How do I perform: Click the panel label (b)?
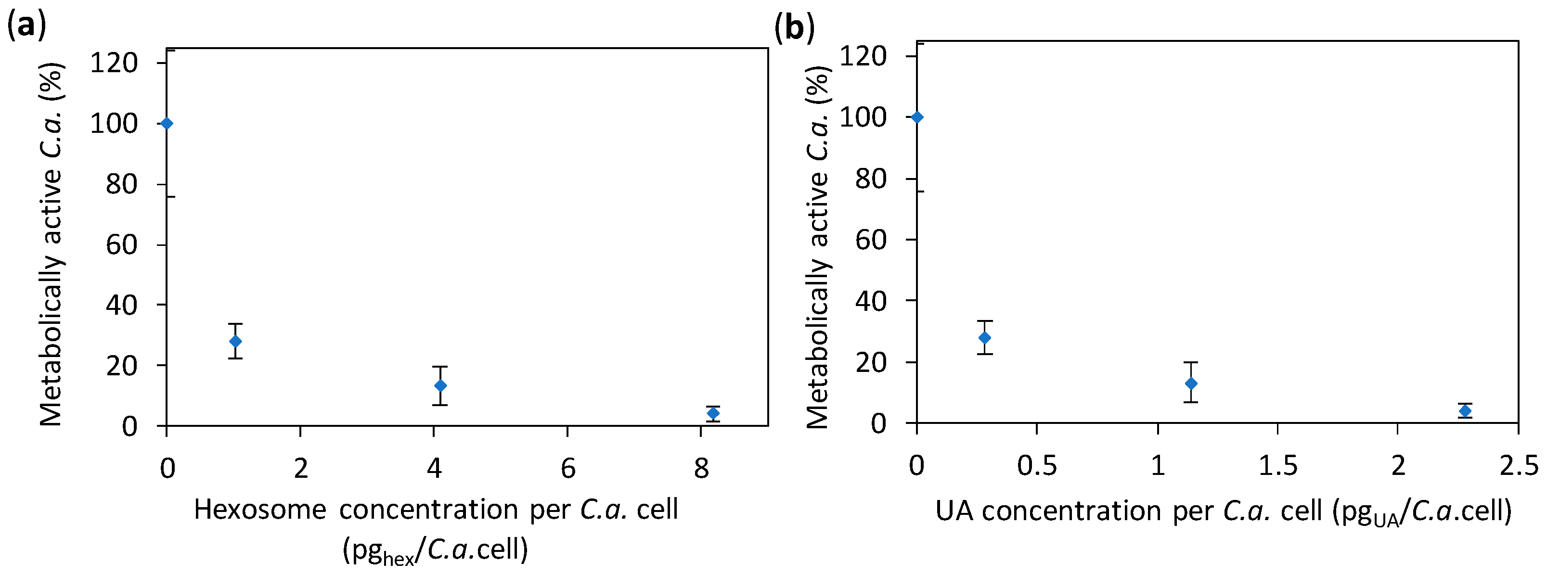point(794,27)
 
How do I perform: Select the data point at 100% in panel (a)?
point(167,124)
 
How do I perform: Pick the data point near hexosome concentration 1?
point(235,342)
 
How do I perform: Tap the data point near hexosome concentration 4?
point(440,385)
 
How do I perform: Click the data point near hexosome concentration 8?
point(713,413)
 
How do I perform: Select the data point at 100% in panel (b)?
point(917,117)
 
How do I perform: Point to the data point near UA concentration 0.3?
point(984,338)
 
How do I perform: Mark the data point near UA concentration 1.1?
point(1191,383)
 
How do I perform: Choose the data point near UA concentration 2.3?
point(1465,410)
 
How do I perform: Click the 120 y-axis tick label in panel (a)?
point(114,63)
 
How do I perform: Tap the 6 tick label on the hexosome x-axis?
point(567,468)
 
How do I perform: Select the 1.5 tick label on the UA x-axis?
point(1278,466)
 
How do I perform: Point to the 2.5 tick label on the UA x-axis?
point(1519,466)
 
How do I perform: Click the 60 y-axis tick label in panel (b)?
point(870,240)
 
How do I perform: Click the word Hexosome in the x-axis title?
point(260,510)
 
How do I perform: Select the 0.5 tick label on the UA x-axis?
point(1037,466)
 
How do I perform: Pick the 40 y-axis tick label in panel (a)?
point(122,306)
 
